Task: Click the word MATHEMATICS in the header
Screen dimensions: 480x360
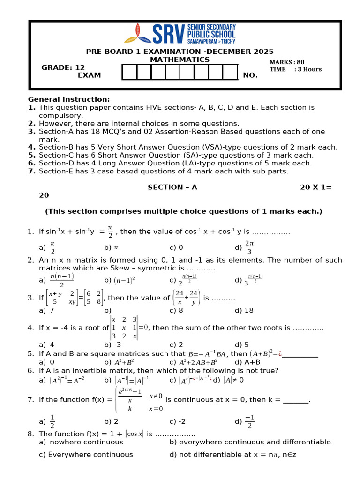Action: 180,60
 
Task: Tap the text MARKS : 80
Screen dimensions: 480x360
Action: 287,62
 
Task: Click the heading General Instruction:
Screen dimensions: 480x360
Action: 69,99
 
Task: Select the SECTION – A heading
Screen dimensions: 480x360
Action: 172,187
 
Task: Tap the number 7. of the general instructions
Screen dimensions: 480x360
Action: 32,171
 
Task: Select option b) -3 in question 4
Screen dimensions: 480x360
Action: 113,345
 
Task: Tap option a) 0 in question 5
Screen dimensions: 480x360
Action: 46,362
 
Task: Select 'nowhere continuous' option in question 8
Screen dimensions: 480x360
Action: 81,442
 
